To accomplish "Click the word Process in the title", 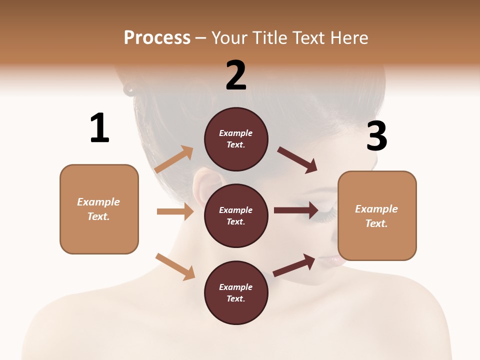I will [x=157, y=38].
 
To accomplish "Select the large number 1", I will [x=99, y=128].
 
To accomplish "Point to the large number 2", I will [x=236, y=75].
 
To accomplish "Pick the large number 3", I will [x=376, y=136].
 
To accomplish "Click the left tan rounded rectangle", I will [x=99, y=209].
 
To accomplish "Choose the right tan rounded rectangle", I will [x=377, y=215].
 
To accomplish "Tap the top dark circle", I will [x=236, y=139].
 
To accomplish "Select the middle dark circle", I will [x=236, y=215].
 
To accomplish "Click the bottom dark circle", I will [x=236, y=292].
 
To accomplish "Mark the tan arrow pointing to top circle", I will [x=174, y=159].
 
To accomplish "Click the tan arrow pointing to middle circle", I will [x=175, y=211].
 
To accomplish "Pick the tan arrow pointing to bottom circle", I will [x=175, y=266].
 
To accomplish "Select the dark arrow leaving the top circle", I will [x=297, y=160].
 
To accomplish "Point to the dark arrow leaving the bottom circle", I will [x=294, y=265].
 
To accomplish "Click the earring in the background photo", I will [x=129, y=89].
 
